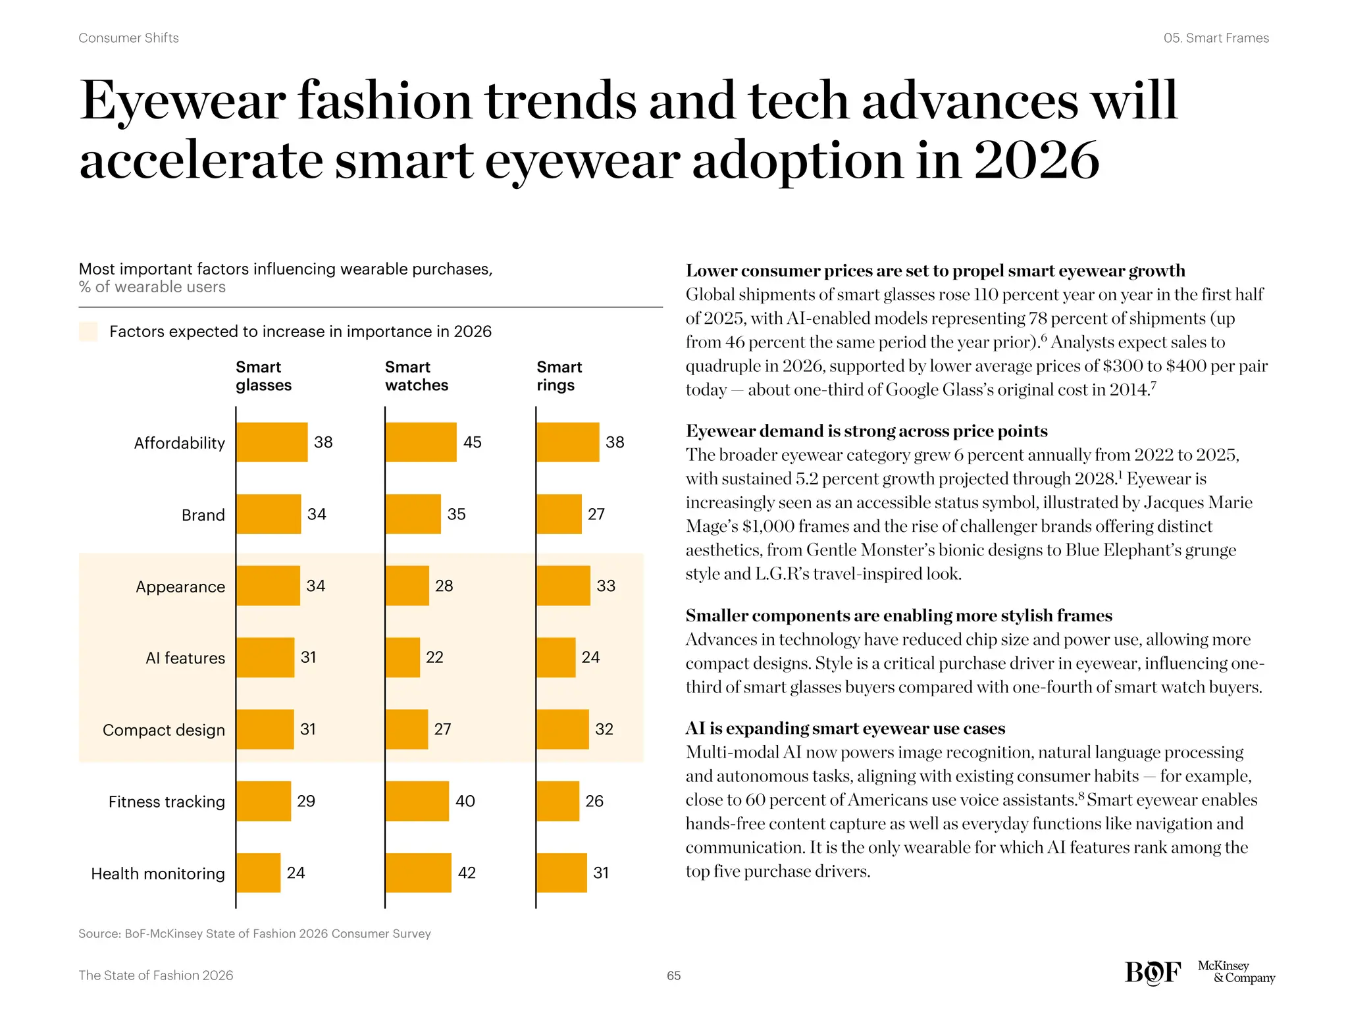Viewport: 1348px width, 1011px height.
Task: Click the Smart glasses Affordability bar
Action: coord(272,442)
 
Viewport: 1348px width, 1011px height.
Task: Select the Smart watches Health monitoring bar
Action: coord(419,873)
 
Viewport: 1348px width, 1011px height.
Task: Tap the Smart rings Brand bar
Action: coord(559,514)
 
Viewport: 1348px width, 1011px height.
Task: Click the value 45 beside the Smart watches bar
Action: coord(472,442)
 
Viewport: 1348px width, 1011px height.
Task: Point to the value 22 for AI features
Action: coord(434,658)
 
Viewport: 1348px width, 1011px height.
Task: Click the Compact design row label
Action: coord(164,730)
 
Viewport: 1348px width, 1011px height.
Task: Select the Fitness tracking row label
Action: coord(167,802)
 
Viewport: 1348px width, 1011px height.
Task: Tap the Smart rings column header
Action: coord(559,376)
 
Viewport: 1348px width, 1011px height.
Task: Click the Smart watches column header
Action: coord(416,376)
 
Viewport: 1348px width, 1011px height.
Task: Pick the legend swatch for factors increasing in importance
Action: coord(88,331)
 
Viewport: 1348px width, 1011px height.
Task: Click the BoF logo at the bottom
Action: coord(1153,973)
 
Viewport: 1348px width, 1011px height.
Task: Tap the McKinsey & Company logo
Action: coord(1235,972)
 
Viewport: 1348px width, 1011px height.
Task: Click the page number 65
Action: coord(673,975)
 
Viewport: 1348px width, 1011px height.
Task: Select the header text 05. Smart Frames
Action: coord(1216,38)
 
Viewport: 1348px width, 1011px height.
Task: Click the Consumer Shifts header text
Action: coord(128,38)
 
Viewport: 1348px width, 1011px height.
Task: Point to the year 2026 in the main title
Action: coord(1036,161)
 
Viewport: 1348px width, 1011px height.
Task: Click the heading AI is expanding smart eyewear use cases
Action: coord(845,729)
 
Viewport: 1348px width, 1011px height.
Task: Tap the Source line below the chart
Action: coord(254,933)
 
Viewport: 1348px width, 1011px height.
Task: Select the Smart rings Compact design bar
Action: coord(563,729)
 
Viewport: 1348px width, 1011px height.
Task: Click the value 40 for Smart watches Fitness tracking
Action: coord(465,801)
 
